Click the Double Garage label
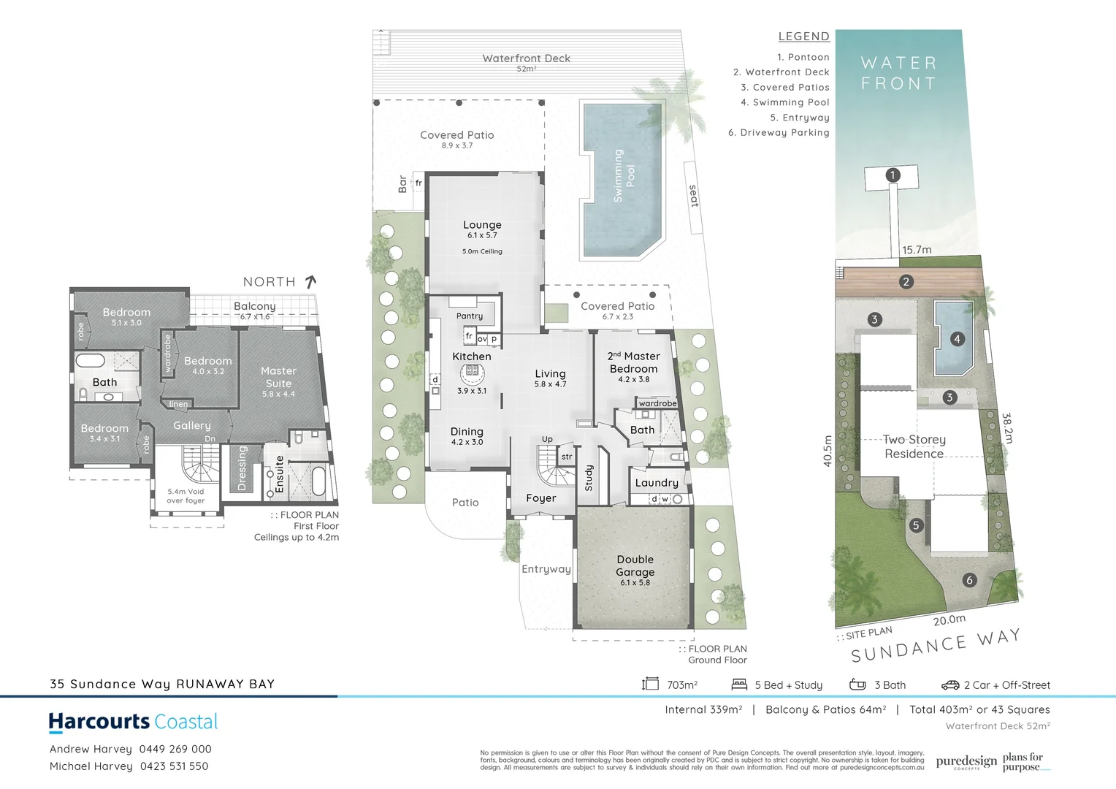pos(635,565)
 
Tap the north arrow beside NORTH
pos(310,281)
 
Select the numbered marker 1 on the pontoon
pos(892,175)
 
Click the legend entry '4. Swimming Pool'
pos(784,102)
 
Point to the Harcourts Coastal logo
pos(133,722)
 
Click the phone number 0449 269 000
pos(175,749)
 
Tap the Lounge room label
pos(482,225)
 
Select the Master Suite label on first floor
pos(278,377)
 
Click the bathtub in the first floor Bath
pos(91,361)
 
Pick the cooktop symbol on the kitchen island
pos(472,371)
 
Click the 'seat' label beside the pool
pos(694,196)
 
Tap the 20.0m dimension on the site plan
pos(949,620)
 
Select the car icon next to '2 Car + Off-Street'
pos(949,685)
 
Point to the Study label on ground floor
pos(589,478)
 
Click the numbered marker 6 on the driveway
pos(969,580)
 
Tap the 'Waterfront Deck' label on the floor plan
pos(526,58)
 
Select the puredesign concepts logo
pos(966,762)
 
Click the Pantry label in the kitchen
pos(470,316)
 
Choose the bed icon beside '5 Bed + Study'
pos(739,685)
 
